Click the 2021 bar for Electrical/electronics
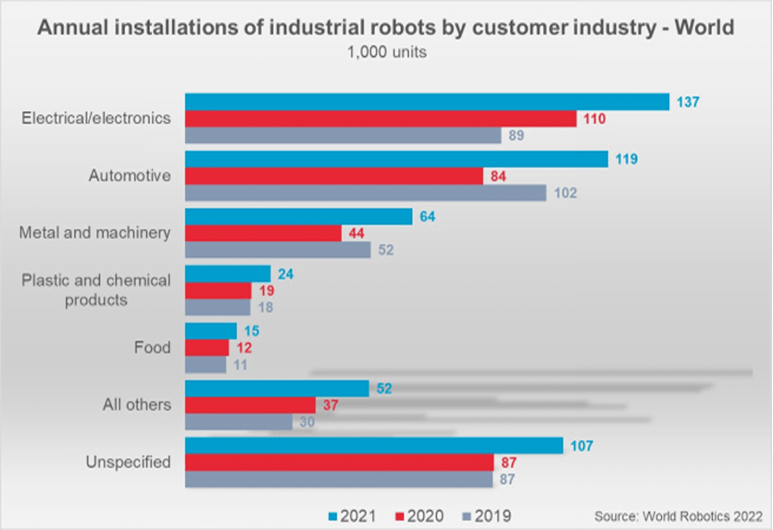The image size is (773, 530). pos(427,101)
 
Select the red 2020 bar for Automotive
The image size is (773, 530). pos(334,176)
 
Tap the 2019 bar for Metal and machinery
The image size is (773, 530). pos(278,250)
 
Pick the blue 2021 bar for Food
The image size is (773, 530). pos(211,331)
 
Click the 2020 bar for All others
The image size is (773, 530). pos(251,405)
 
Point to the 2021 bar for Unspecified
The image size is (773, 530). pos(374,446)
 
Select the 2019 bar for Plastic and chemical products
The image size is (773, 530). pos(218,308)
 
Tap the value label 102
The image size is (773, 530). pos(565,193)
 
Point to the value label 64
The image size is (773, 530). pos(426,216)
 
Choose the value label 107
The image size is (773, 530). pos(582,446)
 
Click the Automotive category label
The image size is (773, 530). pos(130,176)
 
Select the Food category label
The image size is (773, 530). pos(154,348)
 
